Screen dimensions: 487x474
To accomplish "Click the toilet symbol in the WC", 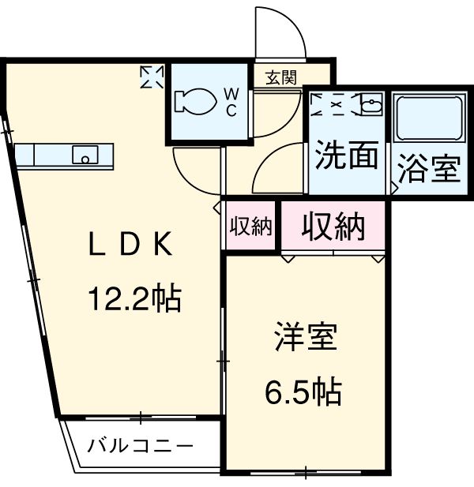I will click(x=194, y=102).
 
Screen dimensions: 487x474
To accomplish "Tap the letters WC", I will click(x=231, y=102).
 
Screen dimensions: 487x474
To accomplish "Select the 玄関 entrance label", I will click(x=280, y=77).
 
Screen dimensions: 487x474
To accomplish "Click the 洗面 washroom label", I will click(x=346, y=156).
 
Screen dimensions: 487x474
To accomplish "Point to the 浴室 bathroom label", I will click(x=428, y=169).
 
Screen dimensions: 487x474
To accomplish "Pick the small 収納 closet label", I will click(x=250, y=227).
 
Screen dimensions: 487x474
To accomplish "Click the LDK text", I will click(x=130, y=246).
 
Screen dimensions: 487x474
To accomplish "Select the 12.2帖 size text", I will click(x=134, y=298).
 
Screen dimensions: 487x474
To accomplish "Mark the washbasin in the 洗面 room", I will click(x=371, y=103).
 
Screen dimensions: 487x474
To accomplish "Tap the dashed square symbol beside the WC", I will click(x=152, y=77).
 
